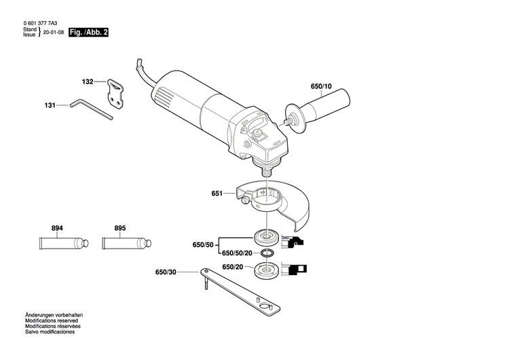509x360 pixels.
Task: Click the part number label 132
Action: (x=88, y=82)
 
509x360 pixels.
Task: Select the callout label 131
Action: (x=50, y=105)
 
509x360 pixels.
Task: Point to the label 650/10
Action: (x=321, y=86)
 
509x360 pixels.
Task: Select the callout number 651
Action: (x=217, y=194)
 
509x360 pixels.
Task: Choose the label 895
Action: (x=120, y=228)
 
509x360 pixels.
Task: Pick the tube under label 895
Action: (x=124, y=242)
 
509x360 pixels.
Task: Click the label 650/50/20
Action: (x=237, y=253)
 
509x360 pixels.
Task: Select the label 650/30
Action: (x=166, y=272)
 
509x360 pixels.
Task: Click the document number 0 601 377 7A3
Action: (x=41, y=22)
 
